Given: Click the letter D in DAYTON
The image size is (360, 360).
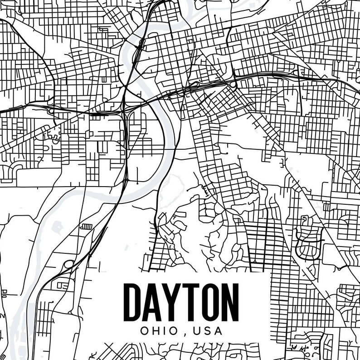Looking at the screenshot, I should pos(134,301).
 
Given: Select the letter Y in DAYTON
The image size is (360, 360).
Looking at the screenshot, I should pos(173,301).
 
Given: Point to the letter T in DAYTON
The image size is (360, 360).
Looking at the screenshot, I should pos(190,301).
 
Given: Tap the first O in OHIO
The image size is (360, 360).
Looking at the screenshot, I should pos(145,331).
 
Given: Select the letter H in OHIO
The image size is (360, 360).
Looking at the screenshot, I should pos(157,331).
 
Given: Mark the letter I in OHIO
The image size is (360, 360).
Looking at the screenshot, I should pos(166,331).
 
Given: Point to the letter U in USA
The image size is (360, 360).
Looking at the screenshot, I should pos(197,331).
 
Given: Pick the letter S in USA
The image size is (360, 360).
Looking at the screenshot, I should pos(207,331).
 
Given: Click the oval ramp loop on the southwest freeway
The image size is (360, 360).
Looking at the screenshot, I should pos(68,264).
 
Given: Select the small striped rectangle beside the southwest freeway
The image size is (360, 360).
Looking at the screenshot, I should pos(85,226).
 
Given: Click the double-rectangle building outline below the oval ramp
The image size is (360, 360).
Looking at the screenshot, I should pos(61,286).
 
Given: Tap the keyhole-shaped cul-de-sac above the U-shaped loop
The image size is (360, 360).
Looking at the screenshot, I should pos(304,221).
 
